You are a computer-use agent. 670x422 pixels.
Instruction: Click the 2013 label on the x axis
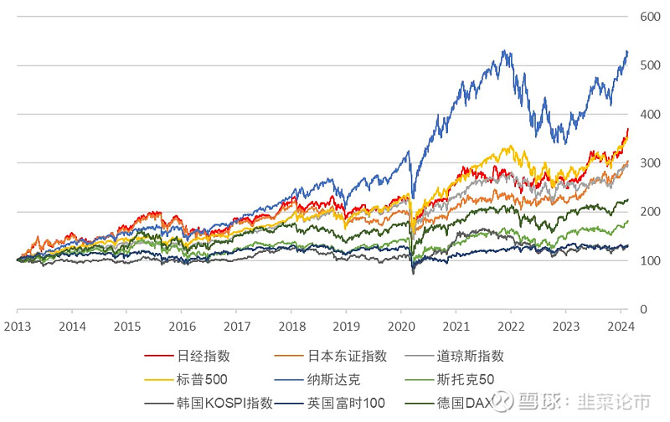coord(18,326)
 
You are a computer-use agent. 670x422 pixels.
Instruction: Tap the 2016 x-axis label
coord(182,326)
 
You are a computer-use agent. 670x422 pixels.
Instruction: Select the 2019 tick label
coord(347,326)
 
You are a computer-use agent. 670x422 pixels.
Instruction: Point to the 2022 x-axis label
coord(511,326)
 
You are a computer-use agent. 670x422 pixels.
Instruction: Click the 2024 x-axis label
coord(621,326)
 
